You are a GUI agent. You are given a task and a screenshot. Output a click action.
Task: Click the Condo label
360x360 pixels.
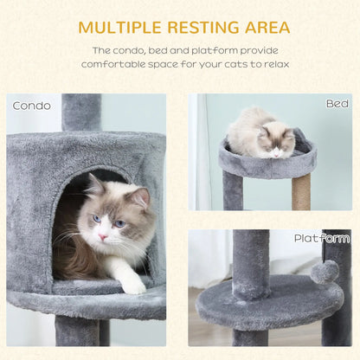coord(32,106)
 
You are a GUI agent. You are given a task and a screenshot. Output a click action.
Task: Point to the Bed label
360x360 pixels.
coord(337,104)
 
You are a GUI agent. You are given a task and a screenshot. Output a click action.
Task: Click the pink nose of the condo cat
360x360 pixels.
coord(102,237)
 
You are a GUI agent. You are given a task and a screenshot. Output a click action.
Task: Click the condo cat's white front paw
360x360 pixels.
coord(133,283)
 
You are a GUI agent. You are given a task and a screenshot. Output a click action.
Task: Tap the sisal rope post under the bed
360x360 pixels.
coord(300,192)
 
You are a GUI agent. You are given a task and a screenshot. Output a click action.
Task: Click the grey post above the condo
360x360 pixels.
coord(81,112)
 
